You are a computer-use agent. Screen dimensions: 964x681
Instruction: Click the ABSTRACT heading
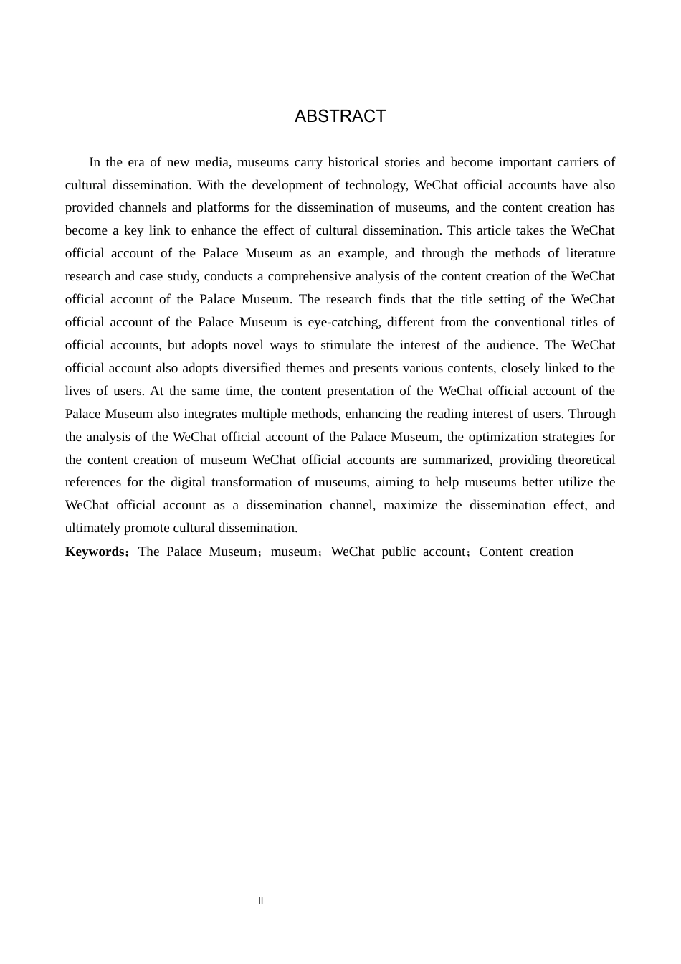[340, 116]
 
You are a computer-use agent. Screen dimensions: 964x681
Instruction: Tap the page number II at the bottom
[261, 901]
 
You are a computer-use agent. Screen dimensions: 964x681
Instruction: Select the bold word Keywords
[95, 552]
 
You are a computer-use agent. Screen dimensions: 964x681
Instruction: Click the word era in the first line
[136, 162]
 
